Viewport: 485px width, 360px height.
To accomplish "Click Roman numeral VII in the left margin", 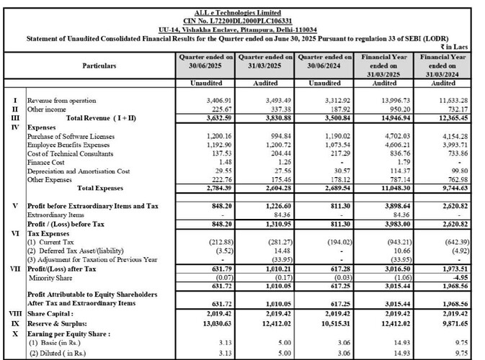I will (15, 268).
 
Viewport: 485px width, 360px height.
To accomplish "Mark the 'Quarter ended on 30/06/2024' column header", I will (324, 60).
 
